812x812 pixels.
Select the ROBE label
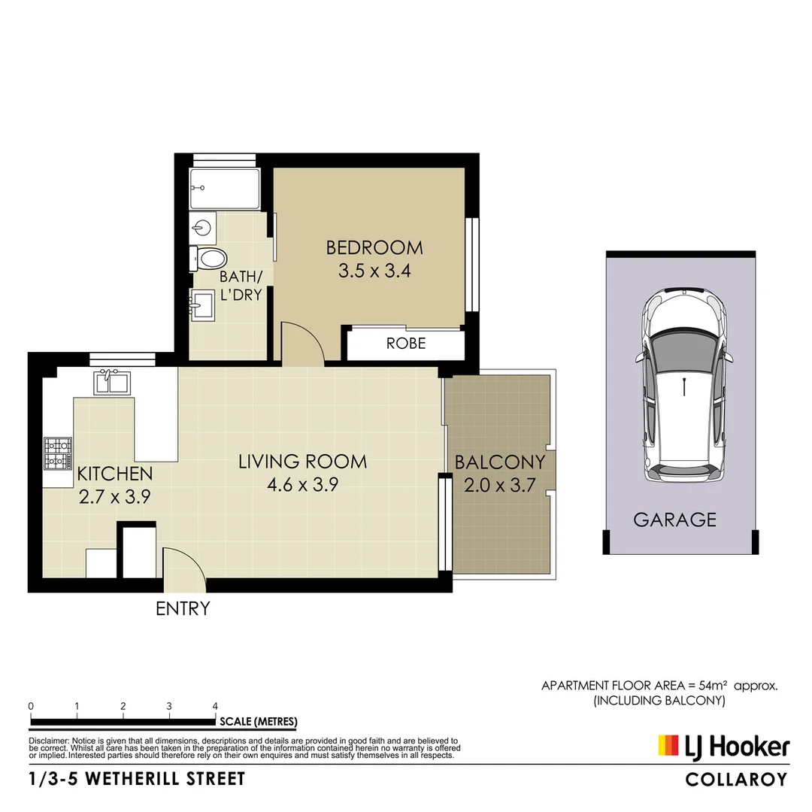pos(406,344)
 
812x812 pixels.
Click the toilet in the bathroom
pos(208,259)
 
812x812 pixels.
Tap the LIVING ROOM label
pos(302,461)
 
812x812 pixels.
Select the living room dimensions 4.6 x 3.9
pos(302,485)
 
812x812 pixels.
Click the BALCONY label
pos(499,462)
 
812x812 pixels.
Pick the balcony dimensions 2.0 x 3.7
pos(499,486)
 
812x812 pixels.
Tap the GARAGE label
pos(674,519)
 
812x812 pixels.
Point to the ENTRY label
pos(182,608)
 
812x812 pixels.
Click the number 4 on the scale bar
pos(216,707)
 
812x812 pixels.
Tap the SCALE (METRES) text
pos(258,722)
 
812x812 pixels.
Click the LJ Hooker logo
pos(723,746)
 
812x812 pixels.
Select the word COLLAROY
pos(736,780)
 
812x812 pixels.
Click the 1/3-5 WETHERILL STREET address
pos(138,779)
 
